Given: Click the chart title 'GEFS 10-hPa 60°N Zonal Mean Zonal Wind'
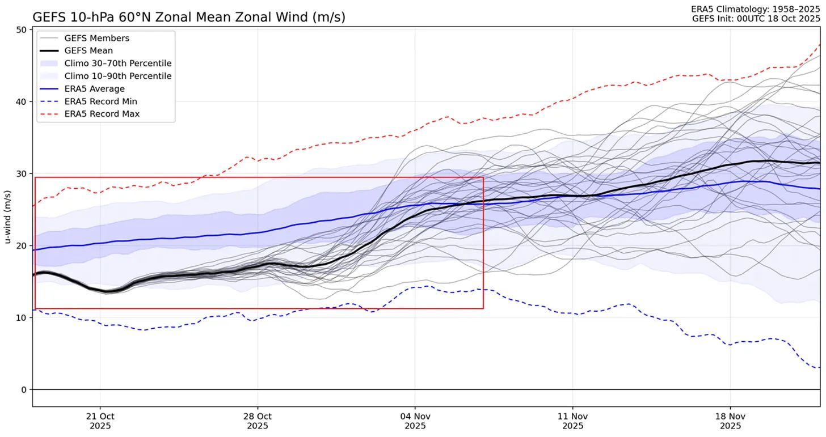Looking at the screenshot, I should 188,18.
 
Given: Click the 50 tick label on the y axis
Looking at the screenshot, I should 22,30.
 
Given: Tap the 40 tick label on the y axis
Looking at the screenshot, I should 22,102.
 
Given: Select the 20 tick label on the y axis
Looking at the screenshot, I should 22,246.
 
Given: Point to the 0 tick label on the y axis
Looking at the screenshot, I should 24,390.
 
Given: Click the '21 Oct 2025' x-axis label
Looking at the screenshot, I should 100,421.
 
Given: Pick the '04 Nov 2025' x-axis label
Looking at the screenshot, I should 415,421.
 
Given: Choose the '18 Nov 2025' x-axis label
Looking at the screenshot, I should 730,421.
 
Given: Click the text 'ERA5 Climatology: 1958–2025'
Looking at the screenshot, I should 755,10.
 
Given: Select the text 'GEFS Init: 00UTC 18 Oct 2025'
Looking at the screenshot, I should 756,19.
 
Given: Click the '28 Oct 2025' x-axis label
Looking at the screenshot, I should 258,421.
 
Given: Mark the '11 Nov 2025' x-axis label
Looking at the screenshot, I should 572,421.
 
